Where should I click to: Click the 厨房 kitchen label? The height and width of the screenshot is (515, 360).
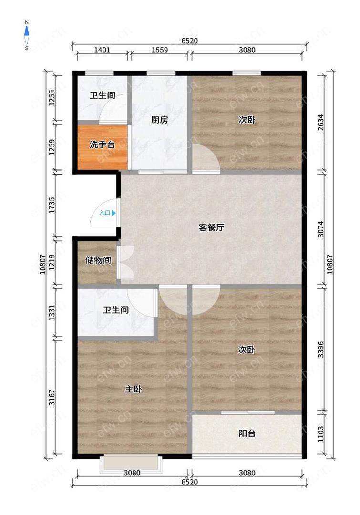pyautogui.click(x=160, y=120)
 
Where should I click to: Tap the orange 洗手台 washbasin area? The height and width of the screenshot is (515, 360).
pyautogui.click(x=103, y=147)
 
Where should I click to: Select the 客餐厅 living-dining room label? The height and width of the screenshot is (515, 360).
pyautogui.click(x=212, y=227)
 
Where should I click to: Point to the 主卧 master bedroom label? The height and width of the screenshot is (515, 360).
pyautogui.click(x=134, y=389)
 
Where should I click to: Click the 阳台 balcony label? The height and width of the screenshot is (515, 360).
pyautogui.click(x=247, y=433)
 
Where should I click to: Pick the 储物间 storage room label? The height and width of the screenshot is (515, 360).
pyautogui.click(x=98, y=260)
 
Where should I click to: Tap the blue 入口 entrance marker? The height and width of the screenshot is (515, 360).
pyautogui.click(x=108, y=213)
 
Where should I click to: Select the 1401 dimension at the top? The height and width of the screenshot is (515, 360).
pyautogui.click(x=102, y=50)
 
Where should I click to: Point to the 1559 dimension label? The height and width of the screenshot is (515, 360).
pyautogui.click(x=160, y=50)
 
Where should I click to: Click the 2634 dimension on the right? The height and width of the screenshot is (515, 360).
pyautogui.click(x=320, y=122)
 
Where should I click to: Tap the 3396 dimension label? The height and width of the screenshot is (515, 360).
pyautogui.click(x=320, y=350)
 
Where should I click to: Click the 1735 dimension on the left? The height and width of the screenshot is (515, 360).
pyautogui.click(x=52, y=205)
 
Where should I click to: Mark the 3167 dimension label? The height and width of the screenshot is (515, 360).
pyautogui.click(x=52, y=397)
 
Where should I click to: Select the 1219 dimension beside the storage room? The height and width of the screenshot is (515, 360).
pyautogui.click(x=52, y=262)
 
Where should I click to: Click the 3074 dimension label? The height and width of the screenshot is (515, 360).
pyautogui.click(x=320, y=229)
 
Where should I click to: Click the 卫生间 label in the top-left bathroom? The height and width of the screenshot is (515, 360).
pyautogui.click(x=103, y=95)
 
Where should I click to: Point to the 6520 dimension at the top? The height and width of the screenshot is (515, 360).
pyautogui.click(x=190, y=41)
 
